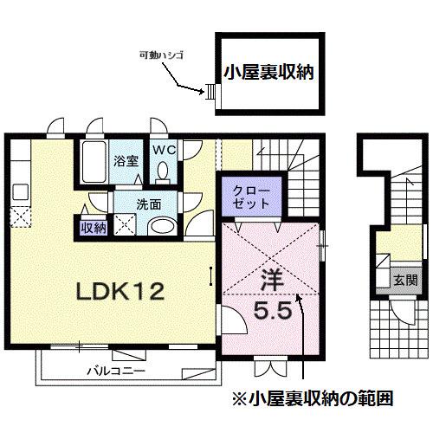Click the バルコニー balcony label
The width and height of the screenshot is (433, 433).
point(114,371)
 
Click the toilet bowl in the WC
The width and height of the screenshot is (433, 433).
point(163,174)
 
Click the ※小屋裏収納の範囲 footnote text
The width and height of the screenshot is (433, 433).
point(314,399)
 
